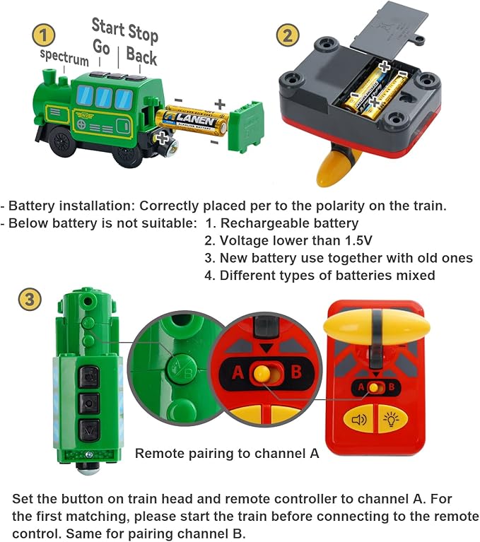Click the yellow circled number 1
(x=45, y=35)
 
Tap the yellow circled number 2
(x=286, y=35)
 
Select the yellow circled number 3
(x=28, y=300)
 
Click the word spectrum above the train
(x=64, y=57)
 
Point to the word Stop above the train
(x=143, y=32)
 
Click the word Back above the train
(x=141, y=56)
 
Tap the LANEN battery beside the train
(x=191, y=120)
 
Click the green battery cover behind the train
(x=246, y=126)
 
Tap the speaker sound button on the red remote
(x=359, y=420)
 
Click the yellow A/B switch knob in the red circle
(x=262, y=374)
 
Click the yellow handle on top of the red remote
(x=376, y=326)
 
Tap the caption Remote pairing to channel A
(x=227, y=453)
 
